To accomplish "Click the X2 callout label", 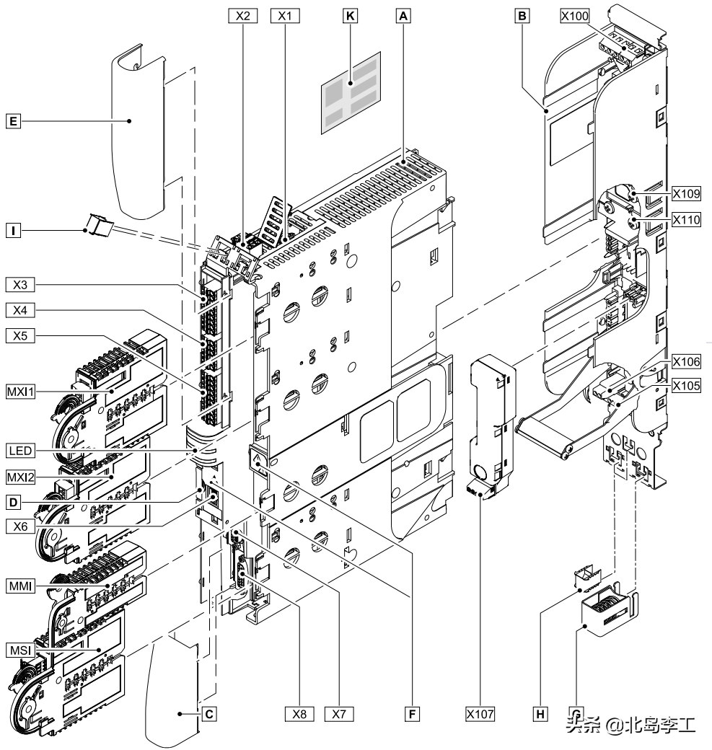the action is coord(243,16).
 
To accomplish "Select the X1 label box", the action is coord(285,16).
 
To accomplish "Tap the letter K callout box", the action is coord(351,16).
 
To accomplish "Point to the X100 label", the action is coord(575,16).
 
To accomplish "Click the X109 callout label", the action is coord(686,193).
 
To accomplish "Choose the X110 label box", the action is coord(686,219).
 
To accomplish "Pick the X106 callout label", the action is coord(686,361).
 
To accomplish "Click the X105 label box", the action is coord(686,386).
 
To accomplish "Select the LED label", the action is coord(21,451).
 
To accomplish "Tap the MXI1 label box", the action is coord(21,392).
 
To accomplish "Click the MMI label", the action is coord(21,586).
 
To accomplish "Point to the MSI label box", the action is coord(21,650).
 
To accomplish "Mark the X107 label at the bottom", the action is coord(480,714).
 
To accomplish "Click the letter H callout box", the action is coord(540,714).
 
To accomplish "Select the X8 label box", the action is coord(299,714).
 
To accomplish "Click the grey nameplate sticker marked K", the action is coord(351,93).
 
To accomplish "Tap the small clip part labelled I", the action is coord(99,226).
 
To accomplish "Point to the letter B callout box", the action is coord(522,16).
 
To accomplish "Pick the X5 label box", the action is coord(21,336).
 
